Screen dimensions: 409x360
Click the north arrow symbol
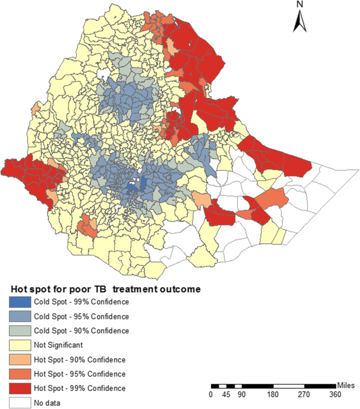pyautogui.click(x=300, y=21)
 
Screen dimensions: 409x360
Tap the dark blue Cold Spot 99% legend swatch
pyautogui.click(x=19, y=302)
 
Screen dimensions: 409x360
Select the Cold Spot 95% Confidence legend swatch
pyautogui.click(x=19, y=316)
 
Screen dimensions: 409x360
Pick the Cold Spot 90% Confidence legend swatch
pyautogui.click(x=19, y=331)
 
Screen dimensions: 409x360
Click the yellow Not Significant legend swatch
pyautogui.click(x=19, y=345)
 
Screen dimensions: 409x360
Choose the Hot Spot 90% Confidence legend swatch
pyautogui.click(x=19, y=360)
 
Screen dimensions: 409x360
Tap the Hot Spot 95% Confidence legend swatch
pyautogui.click(x=19, y=374)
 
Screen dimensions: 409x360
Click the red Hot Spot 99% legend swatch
pyautogui.click(x=19, y=388)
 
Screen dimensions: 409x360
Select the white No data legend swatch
pyautogui.click(x=19, y=403)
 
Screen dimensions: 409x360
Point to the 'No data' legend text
pyautogui.click(x=48, y=403)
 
